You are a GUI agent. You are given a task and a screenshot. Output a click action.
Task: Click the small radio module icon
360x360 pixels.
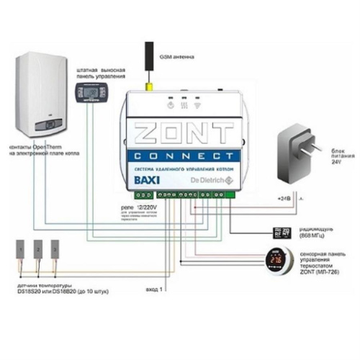point(282,232)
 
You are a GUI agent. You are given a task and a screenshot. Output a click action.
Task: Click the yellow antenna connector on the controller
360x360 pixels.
point(153,90)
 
